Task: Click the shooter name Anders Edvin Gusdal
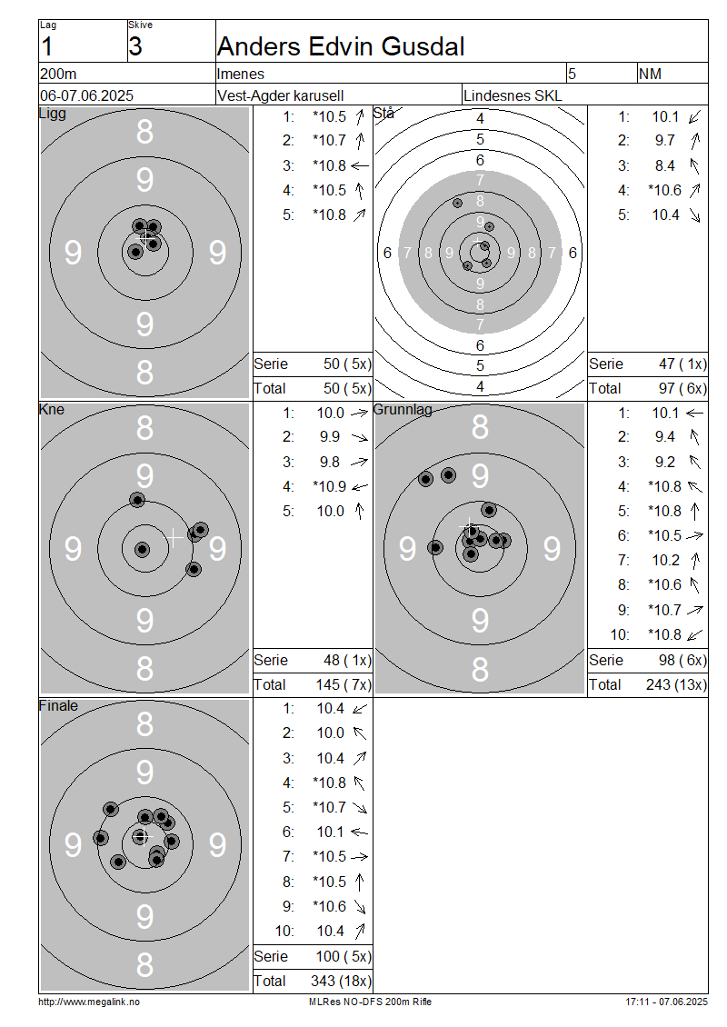(x=341, y=46)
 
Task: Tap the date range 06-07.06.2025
(x=86, y=95)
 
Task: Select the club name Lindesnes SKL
(x=513, y=95)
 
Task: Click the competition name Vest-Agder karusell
(x=280, y=95)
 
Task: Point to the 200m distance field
(x=58, y=74)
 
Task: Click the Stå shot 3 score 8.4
(x=665, y=165)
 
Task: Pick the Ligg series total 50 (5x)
(x=347, y=364)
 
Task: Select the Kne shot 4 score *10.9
(x=330, y=486)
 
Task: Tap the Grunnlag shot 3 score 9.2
(x=665, y=463)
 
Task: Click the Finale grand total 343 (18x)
(x=341, y=982)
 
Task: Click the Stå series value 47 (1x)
(x=682, y=364)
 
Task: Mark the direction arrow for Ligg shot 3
(x=360, y=165)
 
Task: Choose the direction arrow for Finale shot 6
(x=360, y=832)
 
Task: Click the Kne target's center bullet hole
(x=142, y=549)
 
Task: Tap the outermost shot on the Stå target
(x=457, y=203)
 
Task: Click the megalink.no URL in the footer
(x=89, y=1002)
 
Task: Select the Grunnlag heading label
(x=403, y=410)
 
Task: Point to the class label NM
(x=650, y=74)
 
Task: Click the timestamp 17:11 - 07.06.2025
(x=666, y=1002)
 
